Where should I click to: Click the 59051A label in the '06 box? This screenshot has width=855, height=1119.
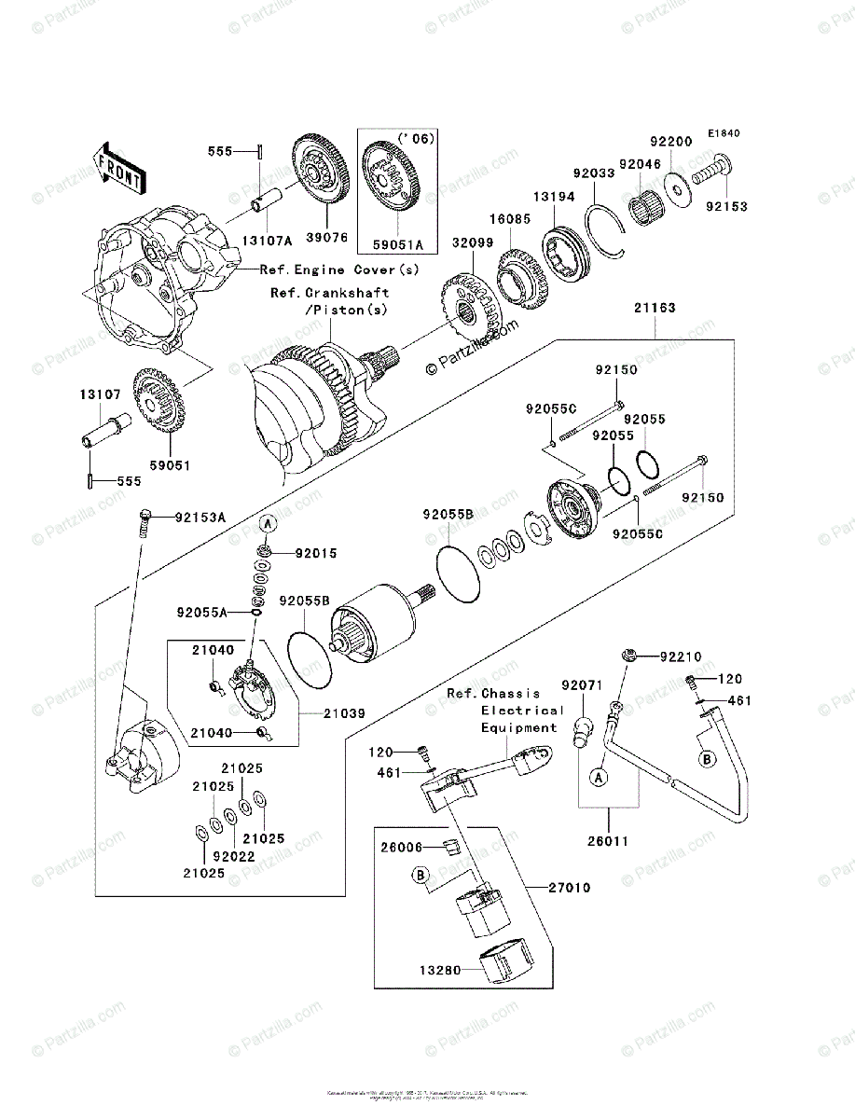tap(397, 245)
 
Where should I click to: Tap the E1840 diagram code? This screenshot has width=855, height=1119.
tap(723, 133)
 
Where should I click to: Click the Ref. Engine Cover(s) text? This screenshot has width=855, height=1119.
tap(339, 269)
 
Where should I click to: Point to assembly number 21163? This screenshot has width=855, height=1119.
tap(655, 307)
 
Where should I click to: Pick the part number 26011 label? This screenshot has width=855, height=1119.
tap(608, 840)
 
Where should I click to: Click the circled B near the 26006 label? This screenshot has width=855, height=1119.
tap(421, 875)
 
